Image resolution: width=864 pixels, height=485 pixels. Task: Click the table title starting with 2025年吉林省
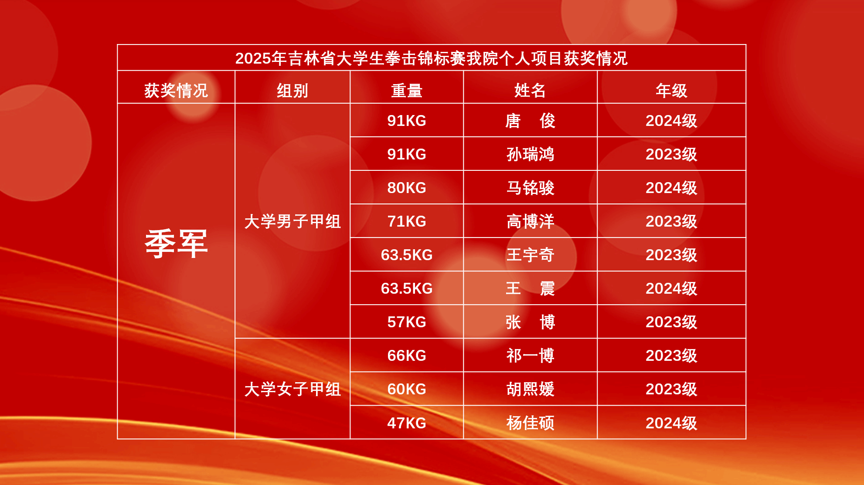click(x=431, y=58)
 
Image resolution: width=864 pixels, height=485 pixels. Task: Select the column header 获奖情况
click(x=176, y=91)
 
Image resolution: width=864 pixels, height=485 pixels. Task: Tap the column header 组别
click(x=293, y=91)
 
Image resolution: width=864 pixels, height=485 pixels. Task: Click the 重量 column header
click(x=407, y=91)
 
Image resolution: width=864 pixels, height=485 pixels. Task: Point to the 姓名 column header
click(x=530, y=91)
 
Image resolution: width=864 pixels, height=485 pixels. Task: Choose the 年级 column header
click(x=671, y=91)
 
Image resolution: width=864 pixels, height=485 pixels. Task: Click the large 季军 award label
click(x=176, y=244)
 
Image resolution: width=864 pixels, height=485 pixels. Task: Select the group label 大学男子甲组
click(x=293, y=221)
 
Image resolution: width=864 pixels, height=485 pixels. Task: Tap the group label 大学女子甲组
click(x=293, y=389)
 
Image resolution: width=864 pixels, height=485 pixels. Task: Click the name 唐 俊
click(x=530, y=121)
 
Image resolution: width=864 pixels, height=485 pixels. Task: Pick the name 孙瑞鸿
click(x=530, y=154)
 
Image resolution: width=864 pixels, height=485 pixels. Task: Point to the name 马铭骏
click(x=530, y=188)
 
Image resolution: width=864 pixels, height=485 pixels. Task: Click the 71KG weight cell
click(x=407, y=221)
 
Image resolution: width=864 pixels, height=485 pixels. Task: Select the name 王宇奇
click(x=530, y=255)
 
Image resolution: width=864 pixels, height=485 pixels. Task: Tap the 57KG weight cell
click(x=407, y=322)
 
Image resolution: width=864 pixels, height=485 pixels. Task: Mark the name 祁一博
click(x=530, y=356)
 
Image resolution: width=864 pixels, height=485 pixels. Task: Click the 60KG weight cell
click(x=407, y=389)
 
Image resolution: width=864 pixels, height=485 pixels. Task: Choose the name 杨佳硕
click(x=530, y=423)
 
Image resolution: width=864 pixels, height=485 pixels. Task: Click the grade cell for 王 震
click(x=671, y=288)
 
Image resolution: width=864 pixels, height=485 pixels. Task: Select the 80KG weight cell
click(x=407, y=188)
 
